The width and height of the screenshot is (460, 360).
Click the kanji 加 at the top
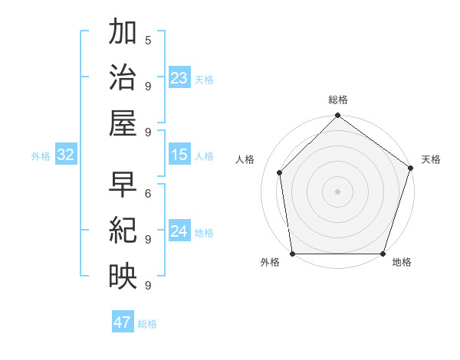(123, 34)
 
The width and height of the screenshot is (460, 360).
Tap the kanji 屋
(123, 123)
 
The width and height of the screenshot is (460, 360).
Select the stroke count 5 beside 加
(147, 40)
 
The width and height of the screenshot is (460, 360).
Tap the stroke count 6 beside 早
(147, 194)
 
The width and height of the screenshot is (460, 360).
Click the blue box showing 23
(179, 77)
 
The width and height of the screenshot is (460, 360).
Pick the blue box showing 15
(179, 155)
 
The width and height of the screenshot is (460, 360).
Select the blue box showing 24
(179, 231)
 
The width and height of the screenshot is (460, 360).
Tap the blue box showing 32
(66, 155)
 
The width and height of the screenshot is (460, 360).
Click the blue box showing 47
(123, 322)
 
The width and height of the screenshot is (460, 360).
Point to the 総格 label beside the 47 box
(147, 324)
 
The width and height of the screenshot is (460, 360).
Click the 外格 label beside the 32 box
(41, 156)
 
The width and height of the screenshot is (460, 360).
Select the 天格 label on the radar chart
(431, 159)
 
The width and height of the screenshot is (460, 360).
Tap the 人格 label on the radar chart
(245, 159)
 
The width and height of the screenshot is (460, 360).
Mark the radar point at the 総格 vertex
(337, 116)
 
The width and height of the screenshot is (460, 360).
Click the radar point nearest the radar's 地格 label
(383, 254)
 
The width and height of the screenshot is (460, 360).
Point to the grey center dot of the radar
(337, 191)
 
